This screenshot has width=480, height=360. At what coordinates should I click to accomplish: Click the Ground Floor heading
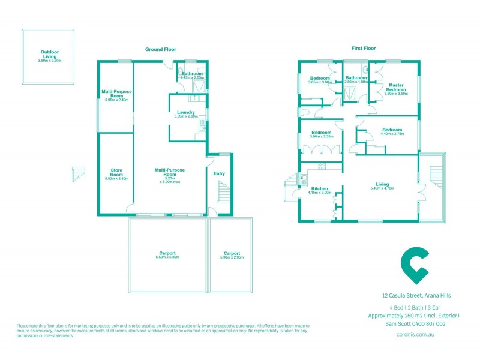point(161,49)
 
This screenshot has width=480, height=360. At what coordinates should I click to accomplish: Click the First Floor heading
point(364,48)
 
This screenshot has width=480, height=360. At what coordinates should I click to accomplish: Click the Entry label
point(219,174)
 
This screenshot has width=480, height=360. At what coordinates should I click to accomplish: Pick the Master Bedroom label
point(396,87)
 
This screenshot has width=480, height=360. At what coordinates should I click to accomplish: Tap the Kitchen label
point(319,188)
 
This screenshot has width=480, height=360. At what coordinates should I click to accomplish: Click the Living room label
point(382,184)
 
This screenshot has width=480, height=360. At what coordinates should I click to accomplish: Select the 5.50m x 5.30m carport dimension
point(168,257)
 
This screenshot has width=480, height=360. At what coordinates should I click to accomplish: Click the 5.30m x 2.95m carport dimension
point(232,257)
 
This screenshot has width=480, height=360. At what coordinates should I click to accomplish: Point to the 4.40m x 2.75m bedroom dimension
point(392,134)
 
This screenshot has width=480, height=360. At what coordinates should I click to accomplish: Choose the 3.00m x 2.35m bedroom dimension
point(321,136)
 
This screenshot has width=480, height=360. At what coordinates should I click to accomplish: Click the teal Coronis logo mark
point(415,265)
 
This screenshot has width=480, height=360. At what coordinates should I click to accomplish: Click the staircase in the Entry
point(223,193)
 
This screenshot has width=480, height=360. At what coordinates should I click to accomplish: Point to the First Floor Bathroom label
point(356,77)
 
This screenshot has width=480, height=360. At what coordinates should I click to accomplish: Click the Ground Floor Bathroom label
point(193,74)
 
